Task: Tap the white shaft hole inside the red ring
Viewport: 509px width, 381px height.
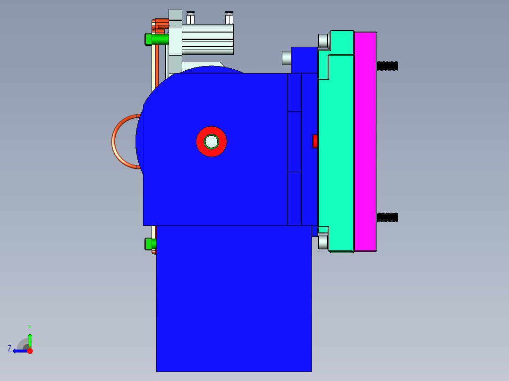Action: pos(211,141)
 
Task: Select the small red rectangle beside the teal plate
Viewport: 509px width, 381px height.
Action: pos(315,141)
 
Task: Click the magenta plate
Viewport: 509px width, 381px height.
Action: pos(365,141)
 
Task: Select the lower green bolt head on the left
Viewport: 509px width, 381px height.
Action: pos(149,244)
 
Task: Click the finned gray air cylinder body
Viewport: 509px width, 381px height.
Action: pos(208,40)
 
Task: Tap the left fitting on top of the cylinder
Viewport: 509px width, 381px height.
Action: pos(191,18)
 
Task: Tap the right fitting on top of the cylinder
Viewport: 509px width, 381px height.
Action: pos(229,18)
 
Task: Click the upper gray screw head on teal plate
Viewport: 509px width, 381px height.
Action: pos(323,41)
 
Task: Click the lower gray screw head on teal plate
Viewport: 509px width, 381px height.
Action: pos(323,242)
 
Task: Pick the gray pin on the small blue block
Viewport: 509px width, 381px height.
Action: pos(286,58)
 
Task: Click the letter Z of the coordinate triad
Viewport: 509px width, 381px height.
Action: pos(9,348)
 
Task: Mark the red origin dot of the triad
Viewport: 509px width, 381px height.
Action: pos(30,351)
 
